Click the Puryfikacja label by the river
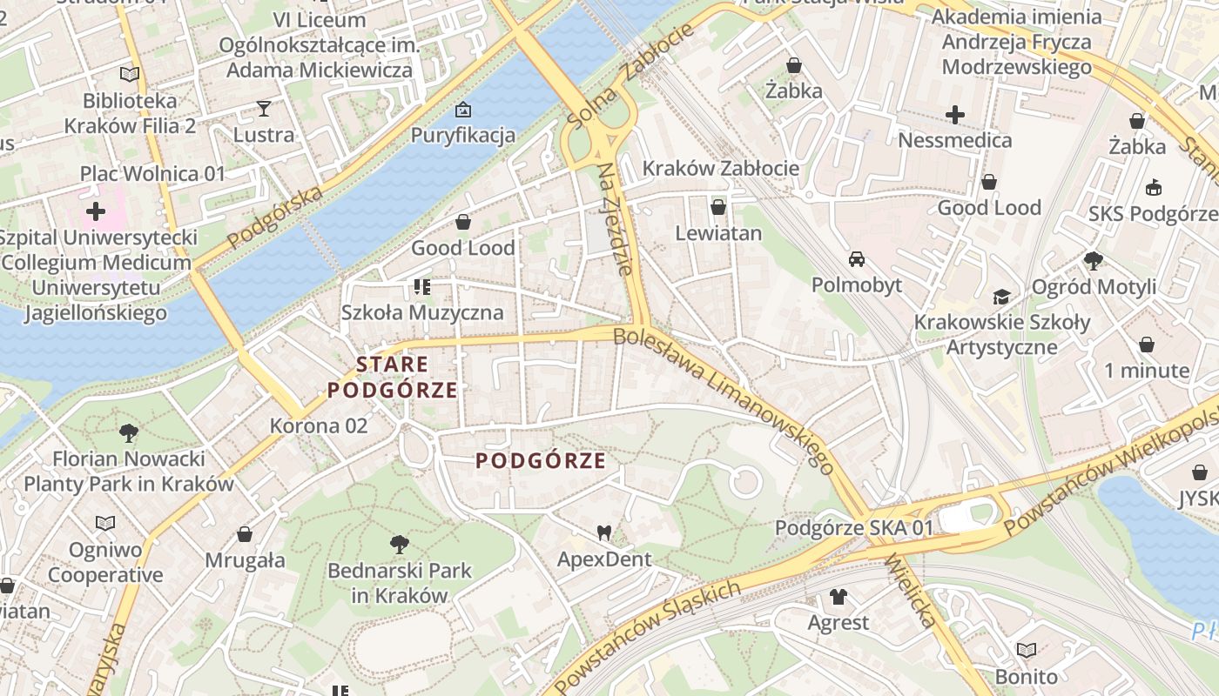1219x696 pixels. click(463, 136)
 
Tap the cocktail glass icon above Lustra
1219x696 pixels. click(264, 109)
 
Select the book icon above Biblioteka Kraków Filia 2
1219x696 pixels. click(130, 75)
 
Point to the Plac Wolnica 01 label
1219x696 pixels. click(152, 173)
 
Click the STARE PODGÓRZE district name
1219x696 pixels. click(393, 378)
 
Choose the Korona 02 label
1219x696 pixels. click(319, 426)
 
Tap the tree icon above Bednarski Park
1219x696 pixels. click(400, 545)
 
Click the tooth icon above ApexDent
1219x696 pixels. click(604, 532)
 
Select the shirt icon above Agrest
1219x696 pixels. click(838, 597)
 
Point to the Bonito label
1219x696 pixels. click(1027, 676)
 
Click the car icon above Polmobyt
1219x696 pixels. click(857, 259)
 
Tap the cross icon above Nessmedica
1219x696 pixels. click(955, 114)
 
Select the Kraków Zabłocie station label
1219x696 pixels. click(721, 169)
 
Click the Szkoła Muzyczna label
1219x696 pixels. click(422, 312)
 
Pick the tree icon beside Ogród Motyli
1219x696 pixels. click(1094, 260)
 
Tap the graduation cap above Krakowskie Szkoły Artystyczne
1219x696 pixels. click(1001, 297)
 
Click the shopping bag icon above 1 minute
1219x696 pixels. click(1147, 345)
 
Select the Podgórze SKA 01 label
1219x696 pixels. click(854, 528)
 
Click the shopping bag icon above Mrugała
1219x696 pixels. click(245, 534)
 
